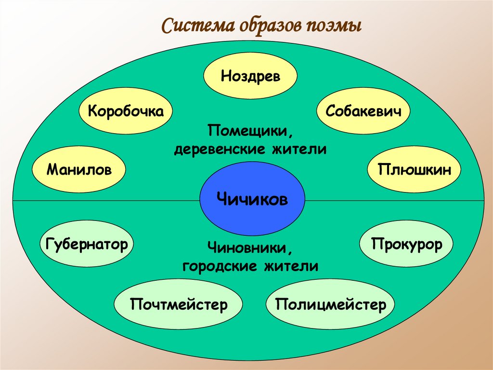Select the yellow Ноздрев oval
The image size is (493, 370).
tap(250, 76)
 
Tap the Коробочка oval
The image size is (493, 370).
tap(126, 111)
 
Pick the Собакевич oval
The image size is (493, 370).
tap(363, 111)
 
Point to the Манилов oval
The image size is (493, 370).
tap(79, 169)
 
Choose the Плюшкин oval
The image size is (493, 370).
tap(414, 169)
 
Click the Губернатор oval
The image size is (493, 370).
tap(87, 244)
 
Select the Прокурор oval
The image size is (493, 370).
tap(406, 245)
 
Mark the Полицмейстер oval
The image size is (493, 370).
tap(331, 304)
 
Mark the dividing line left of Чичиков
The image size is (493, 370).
tap(106, 200)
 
